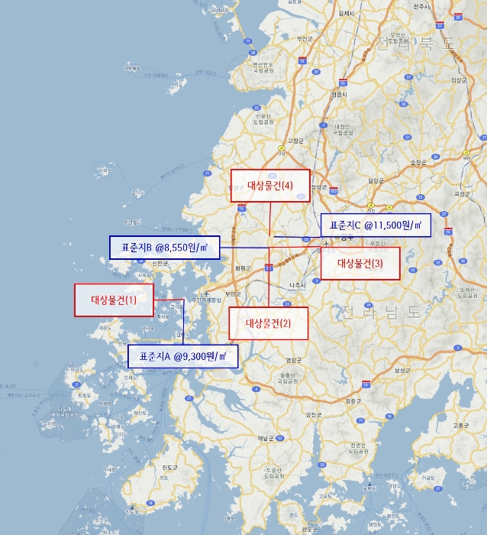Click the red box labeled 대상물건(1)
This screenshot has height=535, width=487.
click(x=114, y=300)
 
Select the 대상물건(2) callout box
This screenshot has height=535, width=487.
click(x=269, y=323)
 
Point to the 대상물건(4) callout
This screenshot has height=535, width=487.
click(x=270, y=185)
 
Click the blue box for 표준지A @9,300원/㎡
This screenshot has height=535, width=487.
click(x=182, y=356)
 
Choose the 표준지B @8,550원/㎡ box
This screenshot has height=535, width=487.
click(x=164, y=248)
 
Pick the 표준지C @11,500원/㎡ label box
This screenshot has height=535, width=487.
click(x=375, y=225)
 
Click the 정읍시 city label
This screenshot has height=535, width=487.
click(x=339, y=94)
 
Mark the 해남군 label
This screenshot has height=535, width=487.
click(x=265, y=437)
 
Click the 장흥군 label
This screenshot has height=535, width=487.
click(x=352, y=400)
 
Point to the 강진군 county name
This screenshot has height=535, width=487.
click(x=313, y=413)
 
